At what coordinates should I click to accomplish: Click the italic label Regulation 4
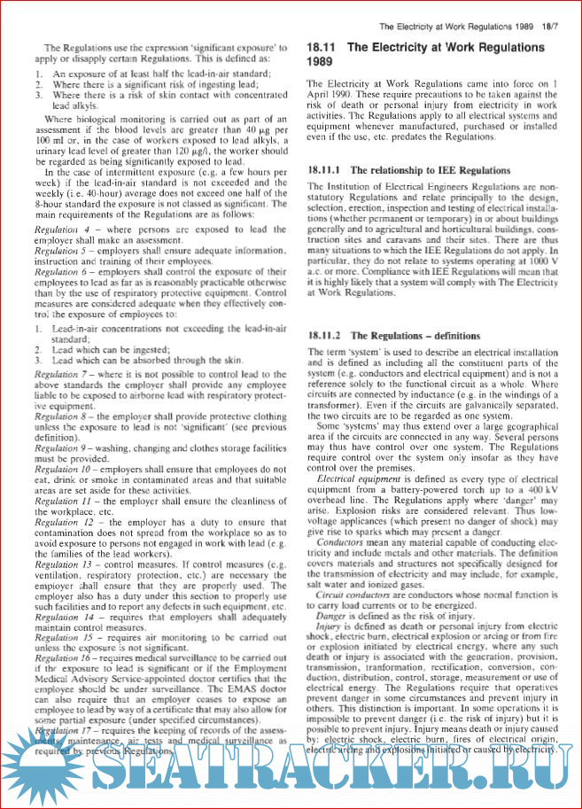click(63, 229)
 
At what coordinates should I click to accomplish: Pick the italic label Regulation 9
click(63, 449)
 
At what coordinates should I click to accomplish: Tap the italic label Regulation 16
click(65, 661)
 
